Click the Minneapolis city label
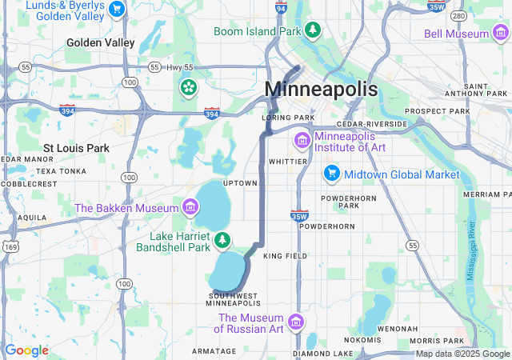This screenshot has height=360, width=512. pyautogui.click(x=321, y=89)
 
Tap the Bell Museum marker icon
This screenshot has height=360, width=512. pyautogui.click(x=500, y=34)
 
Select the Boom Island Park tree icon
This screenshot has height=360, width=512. pyautogui.click(x=314, y=31)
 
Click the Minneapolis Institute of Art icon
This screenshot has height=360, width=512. pyautogui.click(x=302, y=141)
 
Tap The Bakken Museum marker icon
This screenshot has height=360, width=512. pyautogui.click(x=190, y=208)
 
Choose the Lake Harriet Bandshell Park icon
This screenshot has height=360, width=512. pyautogui.click(x=222, y=239)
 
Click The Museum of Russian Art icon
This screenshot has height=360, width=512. pyautogui.click(x=296, y=322)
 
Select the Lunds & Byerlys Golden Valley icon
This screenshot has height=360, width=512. pyautogui.click(x=118, y=10)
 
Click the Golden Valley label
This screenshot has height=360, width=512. pyautogui.click(x=101, y=42)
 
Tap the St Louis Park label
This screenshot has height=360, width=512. pyautogui.click(x=76, y=148)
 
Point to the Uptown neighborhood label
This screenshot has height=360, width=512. pyautogui.click(x=240, y=183)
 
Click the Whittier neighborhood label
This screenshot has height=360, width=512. pyautogui.click(x=288, y=161)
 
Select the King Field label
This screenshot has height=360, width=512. pyautogui.click(x=285, y=256)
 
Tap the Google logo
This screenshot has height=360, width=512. pyautogui.click(x=26, y=350)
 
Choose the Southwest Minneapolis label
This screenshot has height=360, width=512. pyautogui.click(x=233, y=299)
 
